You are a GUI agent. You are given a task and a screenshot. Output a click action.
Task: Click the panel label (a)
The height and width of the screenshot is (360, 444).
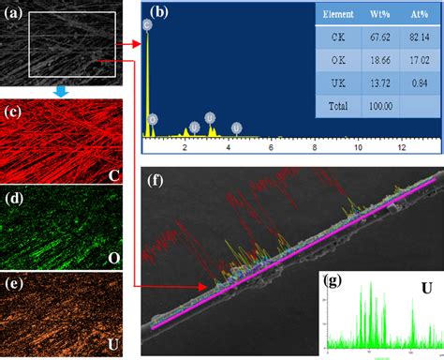(16, 10)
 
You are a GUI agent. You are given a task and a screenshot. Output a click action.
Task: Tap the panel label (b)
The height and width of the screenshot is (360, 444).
(158, 12)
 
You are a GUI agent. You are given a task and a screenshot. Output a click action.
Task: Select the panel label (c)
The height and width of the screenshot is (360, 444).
(16, 113)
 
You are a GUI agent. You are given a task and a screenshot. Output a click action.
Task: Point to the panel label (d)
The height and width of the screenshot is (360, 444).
(16, 199)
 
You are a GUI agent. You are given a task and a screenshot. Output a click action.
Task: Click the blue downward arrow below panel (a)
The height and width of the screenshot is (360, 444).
(60, 91)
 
